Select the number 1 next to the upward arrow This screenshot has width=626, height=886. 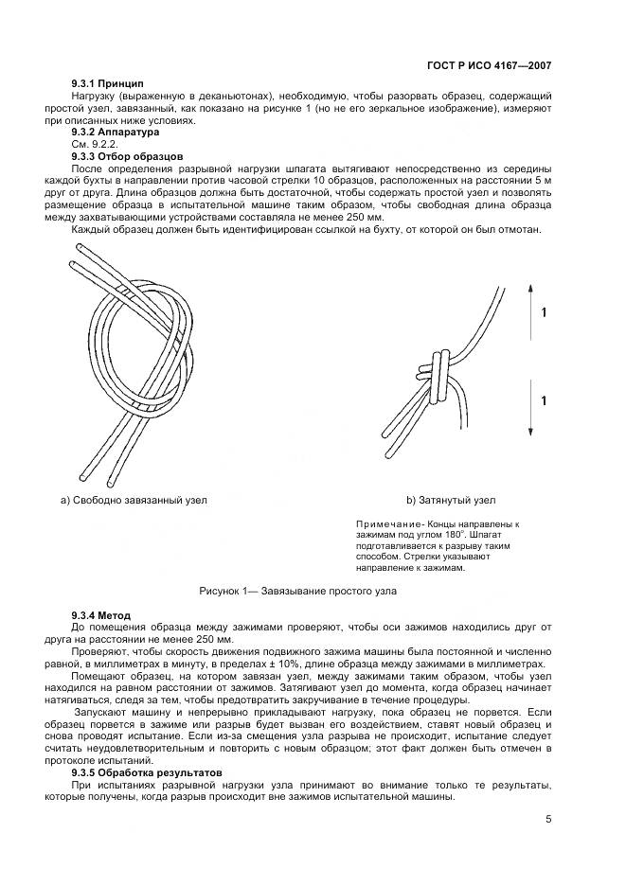pyautogui.click(x=543, y=311)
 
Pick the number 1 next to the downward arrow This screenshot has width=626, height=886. pyautogui.click(x=543, y=401)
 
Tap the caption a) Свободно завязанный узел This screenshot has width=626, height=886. pyautogui.click(x=134, y=500)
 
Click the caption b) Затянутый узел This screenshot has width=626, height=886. pyautogui.click(x=451, y=500)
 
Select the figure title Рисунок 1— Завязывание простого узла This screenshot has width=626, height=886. pyautogui.click(x=297, y=591)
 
